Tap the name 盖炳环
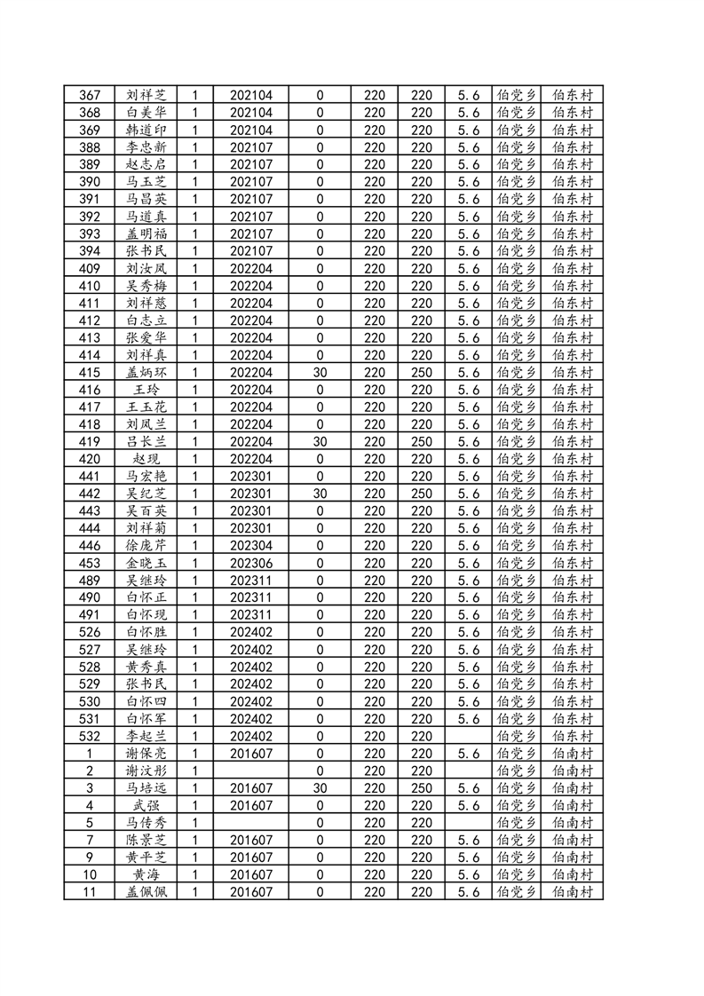(146, 373)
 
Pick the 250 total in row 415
(422, 373)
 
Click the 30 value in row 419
(320, 442)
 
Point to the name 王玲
(146, 390)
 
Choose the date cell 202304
(251, 546)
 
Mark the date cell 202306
(251, 563)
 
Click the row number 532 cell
(90, 736)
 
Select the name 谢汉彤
(146, 771)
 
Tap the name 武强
(146, 805)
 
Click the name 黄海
(146, 874)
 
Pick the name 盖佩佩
(146, 891)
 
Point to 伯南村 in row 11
(572, 891)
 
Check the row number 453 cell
(90, 563)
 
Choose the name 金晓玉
(146, 563)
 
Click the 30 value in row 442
(320, 494)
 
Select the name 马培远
(146, 788)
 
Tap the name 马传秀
(146, 823)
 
